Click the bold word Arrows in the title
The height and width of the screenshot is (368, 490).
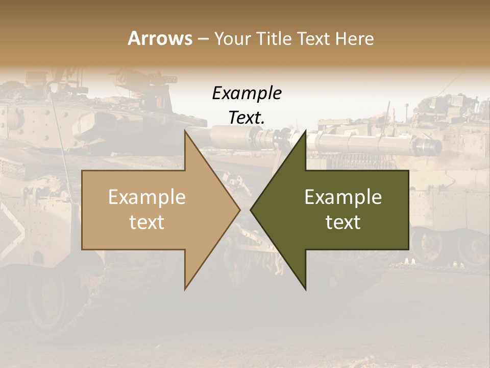coord(160,38)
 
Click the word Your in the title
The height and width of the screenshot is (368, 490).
coord(232,39)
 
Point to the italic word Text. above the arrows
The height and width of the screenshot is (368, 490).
coord(247,118)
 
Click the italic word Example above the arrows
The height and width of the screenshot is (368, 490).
coord(247,94)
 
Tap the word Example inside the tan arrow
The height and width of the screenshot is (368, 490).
coord(147,197)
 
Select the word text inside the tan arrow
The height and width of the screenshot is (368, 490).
coord(147,222)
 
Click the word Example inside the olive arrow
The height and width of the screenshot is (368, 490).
coord(343,197)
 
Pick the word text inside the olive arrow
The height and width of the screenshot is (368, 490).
coord(343,222)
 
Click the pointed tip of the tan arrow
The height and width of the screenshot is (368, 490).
coord(240,210)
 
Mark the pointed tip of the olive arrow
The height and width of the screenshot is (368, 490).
coord(251,210)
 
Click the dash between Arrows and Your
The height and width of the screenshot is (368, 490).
coord(203,39)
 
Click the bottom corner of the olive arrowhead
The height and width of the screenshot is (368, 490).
coord(306,289)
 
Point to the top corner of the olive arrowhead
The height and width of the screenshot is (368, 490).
coord(306,131)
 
